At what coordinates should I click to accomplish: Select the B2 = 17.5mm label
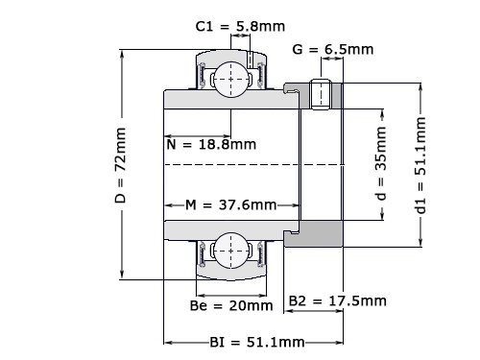(338, 301)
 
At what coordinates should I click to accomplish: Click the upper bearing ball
(230, 78)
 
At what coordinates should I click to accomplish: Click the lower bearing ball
(230, 251)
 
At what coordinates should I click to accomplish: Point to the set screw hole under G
(324, 93)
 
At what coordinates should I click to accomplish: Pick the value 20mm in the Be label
(251, 306)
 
